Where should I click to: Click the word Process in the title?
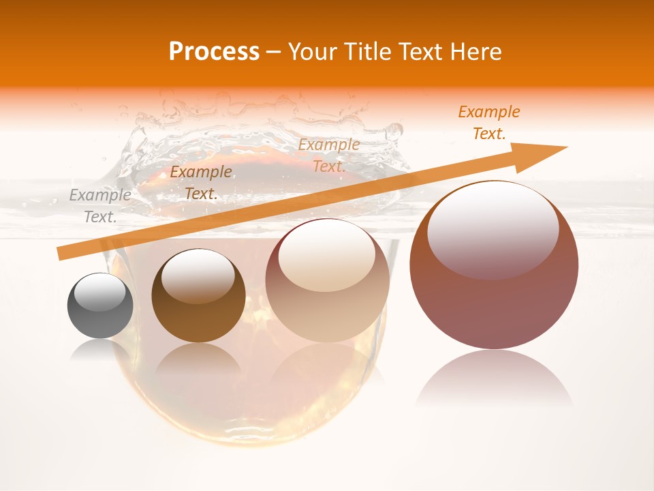[214, 52]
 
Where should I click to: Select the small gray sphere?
[100, 306]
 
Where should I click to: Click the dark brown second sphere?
[198, 297]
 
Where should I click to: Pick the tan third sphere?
[327, 281]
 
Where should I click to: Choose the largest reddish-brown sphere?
[494, 265]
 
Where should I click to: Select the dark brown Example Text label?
[200, 183]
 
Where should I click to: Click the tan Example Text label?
[328, 155]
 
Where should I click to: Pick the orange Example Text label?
[488, 123]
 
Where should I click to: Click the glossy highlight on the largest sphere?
[493, 229]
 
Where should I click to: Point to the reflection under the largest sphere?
[494, 378]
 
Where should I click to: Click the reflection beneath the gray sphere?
[100, 349]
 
